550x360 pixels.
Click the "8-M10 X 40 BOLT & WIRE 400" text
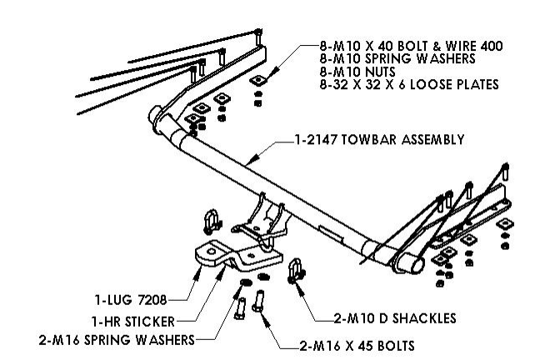(x=407, y=45)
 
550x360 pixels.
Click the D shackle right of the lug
(x=295, y=271)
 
